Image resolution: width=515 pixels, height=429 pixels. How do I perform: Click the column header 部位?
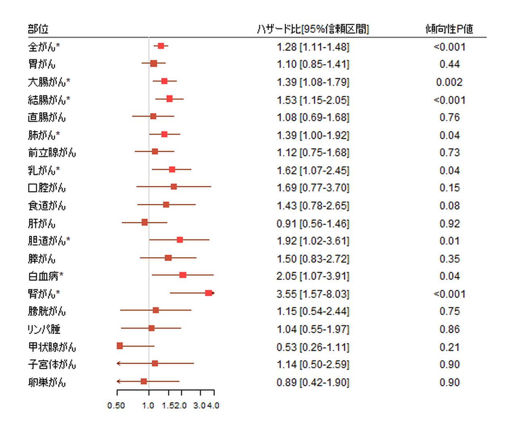38,29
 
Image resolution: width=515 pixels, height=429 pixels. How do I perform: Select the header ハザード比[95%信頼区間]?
313,29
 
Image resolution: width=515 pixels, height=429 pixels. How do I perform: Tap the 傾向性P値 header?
449,29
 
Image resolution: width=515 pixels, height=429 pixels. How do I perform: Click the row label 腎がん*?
44,294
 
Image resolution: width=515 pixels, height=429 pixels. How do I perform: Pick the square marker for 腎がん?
208,293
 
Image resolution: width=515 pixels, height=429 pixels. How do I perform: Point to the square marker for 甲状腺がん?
119,346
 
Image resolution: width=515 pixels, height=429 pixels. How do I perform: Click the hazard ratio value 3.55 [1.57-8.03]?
313,294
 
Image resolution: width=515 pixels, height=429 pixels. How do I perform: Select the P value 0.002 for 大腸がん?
449,82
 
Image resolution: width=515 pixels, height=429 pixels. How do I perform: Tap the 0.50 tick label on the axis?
116,405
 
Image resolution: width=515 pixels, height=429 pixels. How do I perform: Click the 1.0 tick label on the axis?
148,405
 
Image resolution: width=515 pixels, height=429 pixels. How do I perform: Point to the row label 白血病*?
45,276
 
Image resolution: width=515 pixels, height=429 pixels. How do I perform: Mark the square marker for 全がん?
161,46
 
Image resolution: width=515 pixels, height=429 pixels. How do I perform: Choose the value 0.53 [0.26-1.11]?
313,347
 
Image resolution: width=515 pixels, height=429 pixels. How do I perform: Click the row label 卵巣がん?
47,382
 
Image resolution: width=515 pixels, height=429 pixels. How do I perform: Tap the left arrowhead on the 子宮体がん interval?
118,363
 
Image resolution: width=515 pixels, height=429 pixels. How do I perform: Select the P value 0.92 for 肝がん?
449,223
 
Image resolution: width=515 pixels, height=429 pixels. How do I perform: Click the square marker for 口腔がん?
174,187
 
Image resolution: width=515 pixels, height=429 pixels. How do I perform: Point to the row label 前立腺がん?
52,153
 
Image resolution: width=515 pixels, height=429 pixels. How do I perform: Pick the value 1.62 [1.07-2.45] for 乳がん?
313,170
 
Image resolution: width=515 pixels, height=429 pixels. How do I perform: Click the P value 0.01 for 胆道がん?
449,241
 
